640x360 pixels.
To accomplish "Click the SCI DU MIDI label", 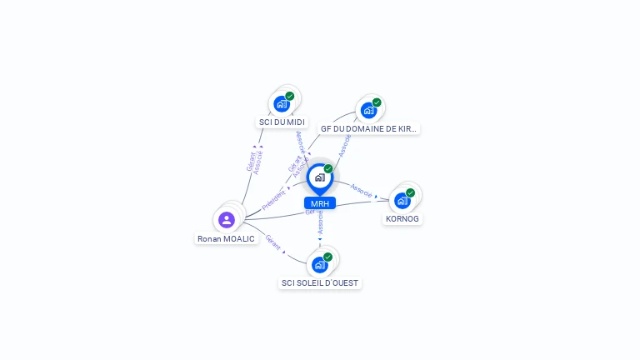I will coord(282,122).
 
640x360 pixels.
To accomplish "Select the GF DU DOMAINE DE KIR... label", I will coord(368,129).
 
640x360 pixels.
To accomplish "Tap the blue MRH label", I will coord(320,203).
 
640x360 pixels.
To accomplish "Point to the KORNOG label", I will coord(402,218).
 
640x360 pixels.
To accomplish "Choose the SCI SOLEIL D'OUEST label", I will coord(320,283).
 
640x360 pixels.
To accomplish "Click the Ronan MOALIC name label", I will coord(226,238).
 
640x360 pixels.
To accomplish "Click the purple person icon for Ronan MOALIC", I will coord(226,220).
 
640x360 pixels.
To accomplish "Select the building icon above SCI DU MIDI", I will coord(281,104).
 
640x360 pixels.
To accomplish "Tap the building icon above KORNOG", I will coord(402,201).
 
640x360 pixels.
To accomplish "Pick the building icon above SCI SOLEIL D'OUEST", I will coord(318,265).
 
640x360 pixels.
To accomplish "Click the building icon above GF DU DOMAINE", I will coord(367,110).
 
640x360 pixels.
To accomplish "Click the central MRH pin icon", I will coord(319,177).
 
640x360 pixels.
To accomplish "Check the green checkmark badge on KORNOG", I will coord(410,192).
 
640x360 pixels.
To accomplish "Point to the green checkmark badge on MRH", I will coord(328,168).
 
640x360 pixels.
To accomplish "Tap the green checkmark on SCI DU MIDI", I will coord(289,96).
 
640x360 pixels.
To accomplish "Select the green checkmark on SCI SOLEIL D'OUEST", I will coord(327,257).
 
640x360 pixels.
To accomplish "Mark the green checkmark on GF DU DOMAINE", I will coord(377,102).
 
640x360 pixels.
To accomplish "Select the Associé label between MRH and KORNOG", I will coord(362,190).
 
